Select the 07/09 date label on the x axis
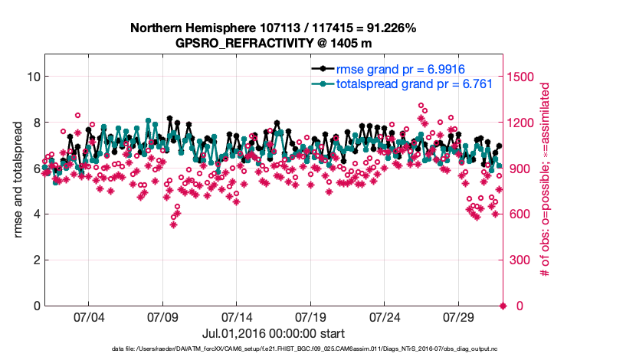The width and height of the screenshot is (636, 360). pyautogui.click(x=162, y=317)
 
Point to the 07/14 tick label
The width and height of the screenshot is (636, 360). pyautogui.click(x=237, y=317)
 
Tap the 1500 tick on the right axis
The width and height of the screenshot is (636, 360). pyautogui.click(x=522, y=77)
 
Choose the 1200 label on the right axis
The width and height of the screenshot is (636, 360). pyautogui.click(x=522, y=123)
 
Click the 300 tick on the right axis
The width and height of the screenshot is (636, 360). pyautogui.click(x=519, y=260)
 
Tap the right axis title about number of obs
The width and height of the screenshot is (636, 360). pyautogui.click(x=546, y=180)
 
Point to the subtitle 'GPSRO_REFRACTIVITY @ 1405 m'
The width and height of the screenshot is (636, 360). pyautogui.click(x=274, y=43)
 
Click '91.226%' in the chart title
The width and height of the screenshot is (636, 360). pyautogui.click(x=389, y=28)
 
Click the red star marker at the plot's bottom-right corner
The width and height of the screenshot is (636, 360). pyautogui.click(x=503, y=306)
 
